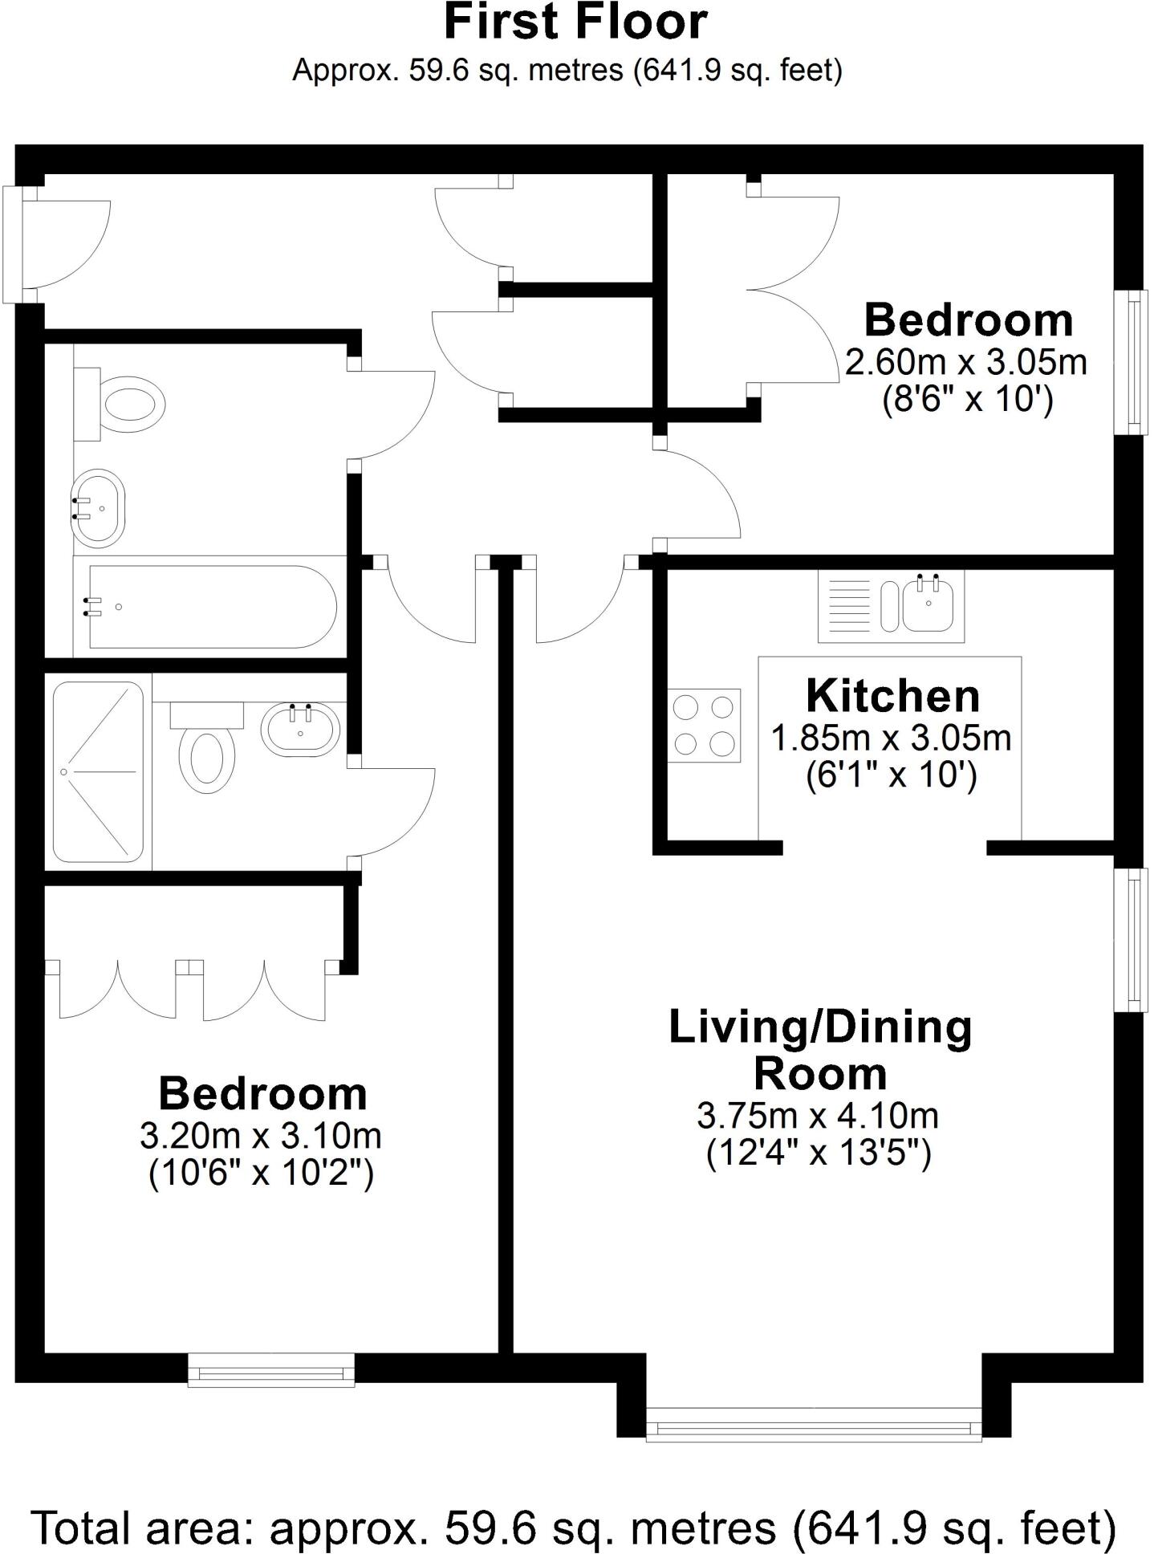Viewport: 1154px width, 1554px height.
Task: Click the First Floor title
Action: pyautogui.click(x=575, y=22)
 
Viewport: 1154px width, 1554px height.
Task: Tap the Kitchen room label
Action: pyautogui.click(x=892, y=696)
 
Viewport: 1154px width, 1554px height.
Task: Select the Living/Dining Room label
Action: pyautogui.click(x=820, y=1050)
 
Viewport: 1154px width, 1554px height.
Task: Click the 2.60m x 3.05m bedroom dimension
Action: pyautogui.click(x=965, y=362)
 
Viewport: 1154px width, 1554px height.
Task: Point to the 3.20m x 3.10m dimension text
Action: pyautogui.click(x=261, y=1136)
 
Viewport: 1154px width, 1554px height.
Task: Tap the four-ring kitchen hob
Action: pyautogui.click(x=704, y=726)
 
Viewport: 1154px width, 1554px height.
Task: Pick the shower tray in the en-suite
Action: pyautogui.click(x=97, y=771)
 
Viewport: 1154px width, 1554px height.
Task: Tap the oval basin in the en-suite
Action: pyautogui.click(x=300, y=730)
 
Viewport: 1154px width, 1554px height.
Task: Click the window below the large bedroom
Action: pyautogui.click(x=271, y=1369)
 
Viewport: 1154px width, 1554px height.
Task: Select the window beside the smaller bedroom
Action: pyautogui.click(x=1132, y=362)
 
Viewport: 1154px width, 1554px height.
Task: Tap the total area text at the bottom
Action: pyautogui.click(x=575, y=1527)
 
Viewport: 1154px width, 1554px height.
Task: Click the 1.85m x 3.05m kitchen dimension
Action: pyautogui.click(x=891, y=738)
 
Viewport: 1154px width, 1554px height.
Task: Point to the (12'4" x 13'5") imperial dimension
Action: pyautogui.click(x=819, y=1153)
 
